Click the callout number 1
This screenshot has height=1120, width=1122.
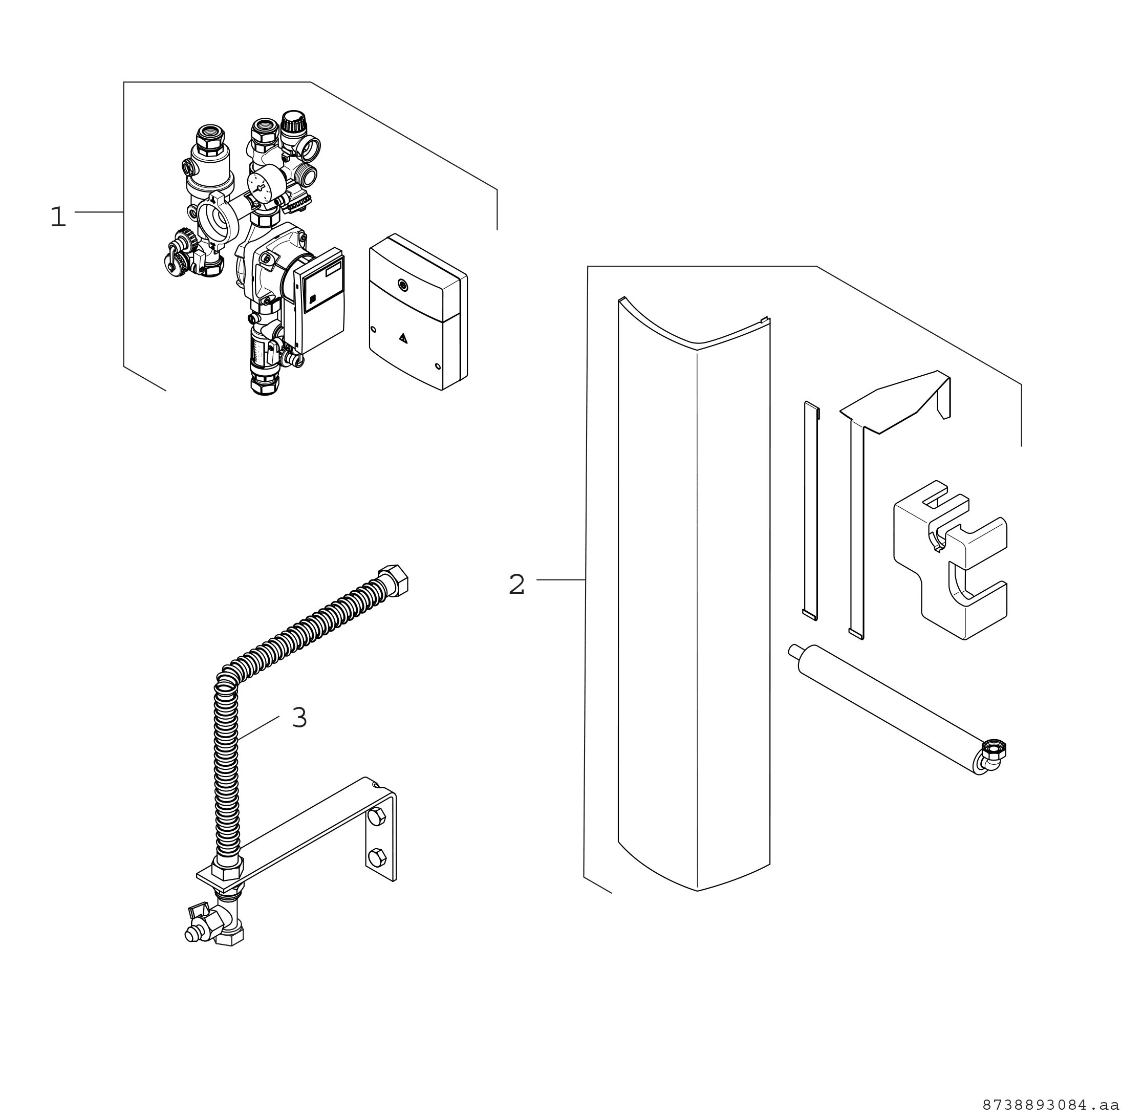pos(58,217)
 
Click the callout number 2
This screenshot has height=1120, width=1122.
pos(516,585)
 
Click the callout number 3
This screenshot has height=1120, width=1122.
pos(299,718)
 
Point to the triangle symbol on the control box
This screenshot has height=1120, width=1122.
pos(404,337)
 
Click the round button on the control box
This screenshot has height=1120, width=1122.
pos(402,285)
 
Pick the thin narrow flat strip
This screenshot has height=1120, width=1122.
pos(811,511)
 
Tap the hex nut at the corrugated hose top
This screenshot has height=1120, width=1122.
pos(393,578)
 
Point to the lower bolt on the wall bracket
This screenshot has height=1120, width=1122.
pos(377,856)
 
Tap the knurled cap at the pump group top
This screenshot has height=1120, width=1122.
pos(289,123)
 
